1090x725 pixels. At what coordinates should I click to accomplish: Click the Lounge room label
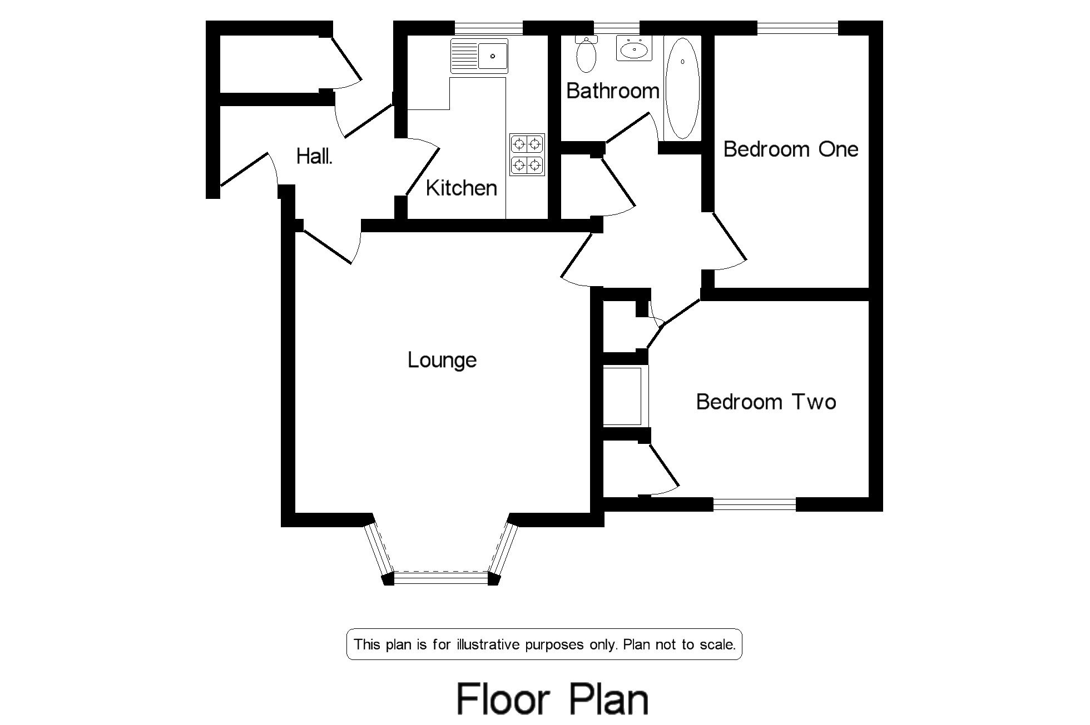coord(442,361)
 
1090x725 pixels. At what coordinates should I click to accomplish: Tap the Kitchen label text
coord(461,188)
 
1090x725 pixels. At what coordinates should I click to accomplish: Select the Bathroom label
coord(612,91)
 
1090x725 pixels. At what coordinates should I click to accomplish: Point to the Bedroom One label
coord(790,149)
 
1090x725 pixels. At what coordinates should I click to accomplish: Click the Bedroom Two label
coord(766,402)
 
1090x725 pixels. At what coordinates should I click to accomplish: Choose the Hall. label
coord(314,157)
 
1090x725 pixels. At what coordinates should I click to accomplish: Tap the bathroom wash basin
coord(634,50)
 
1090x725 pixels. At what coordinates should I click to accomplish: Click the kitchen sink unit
coord(479,56)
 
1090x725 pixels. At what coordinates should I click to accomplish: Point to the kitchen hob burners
coord(527,154)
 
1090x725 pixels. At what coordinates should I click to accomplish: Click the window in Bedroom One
coord(797,27)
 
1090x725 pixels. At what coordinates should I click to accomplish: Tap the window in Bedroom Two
coord(754,504)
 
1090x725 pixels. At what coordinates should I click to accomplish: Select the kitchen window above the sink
coord(489,27)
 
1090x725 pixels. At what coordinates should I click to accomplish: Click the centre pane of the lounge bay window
coord(441,578)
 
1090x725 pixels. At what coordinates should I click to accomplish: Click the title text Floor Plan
coord(552,699)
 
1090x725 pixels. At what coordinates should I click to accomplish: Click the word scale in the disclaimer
coord(717,644)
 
